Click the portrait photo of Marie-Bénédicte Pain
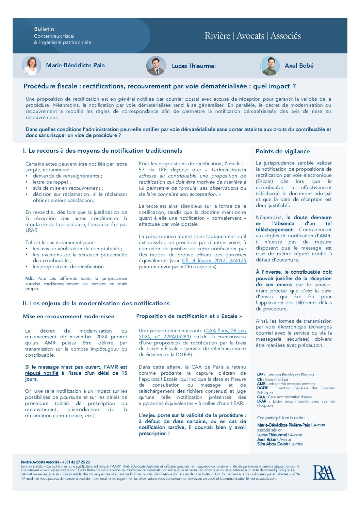point(31,65)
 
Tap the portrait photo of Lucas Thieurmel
point(156,66)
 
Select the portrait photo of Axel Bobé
point(270,66)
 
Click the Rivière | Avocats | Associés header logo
point(252,36)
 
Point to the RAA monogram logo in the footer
point(324,472)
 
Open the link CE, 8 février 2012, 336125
point(214,261)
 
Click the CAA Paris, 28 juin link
point(226,330)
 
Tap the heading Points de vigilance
point(282,152)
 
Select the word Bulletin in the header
point(44,29)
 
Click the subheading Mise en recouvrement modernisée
point(68,317)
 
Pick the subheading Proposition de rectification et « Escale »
point(189,316)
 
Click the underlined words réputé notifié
point(42,373)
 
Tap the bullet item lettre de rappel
point(52,182)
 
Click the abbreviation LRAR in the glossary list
point(262,401)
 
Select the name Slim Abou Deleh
point(273,444)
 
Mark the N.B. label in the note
point(30,278)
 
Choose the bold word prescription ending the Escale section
point(153,434)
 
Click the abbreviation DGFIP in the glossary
point(263,388)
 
